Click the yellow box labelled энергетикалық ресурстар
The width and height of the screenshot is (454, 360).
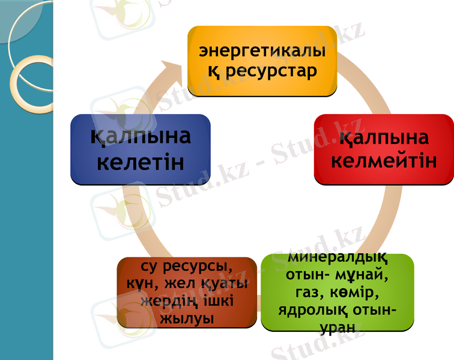pos(262,60)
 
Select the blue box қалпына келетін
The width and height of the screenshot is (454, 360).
pos(140,149)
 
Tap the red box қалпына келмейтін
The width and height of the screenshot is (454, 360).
pos(384,149)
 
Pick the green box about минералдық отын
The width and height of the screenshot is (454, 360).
pos(337,292)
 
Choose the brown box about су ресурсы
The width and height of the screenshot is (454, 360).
pos(187,292)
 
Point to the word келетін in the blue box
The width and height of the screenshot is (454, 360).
pos(140,162)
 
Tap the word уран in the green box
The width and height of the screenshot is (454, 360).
pos(337,328)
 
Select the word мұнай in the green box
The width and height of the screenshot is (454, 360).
pos(363,277)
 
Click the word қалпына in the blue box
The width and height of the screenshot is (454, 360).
pos(140,136)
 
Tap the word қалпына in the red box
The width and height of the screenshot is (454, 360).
pos(384,138)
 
